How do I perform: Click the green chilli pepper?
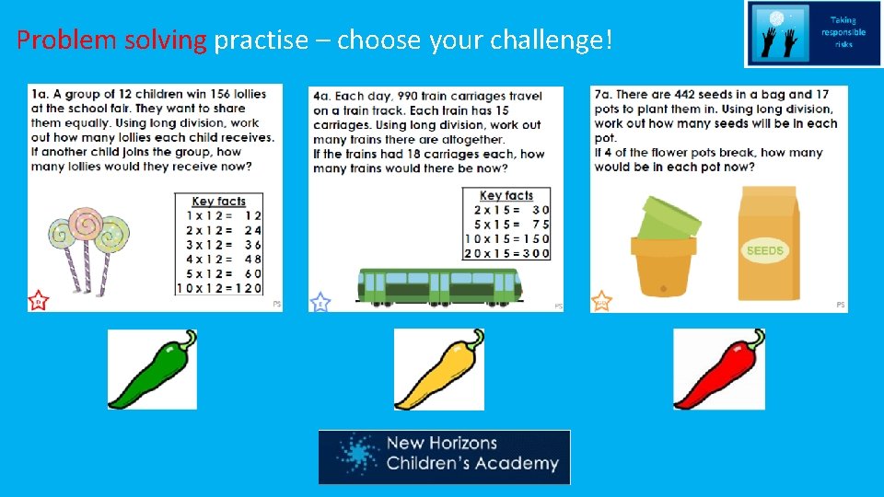[x=152, y=369]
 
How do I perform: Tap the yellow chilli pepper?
[x=438, y=369]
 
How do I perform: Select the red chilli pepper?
[x=718, y=369]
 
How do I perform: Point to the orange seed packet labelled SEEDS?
[x=769, y=244]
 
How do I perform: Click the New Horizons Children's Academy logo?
[x=444, y=457]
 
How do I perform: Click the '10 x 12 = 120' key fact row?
[x=219, y=287]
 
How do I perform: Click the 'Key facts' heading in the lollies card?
[x=218, y=202]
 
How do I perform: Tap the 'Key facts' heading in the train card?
[x=506, y=195]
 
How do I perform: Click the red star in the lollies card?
[x=38, y=300]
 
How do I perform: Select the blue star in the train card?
[x=320, y=302]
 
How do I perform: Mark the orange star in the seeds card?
[x=601, y=301]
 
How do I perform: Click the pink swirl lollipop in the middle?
[x=86, y=226]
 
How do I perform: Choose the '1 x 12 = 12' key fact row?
[x=219, y=215]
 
